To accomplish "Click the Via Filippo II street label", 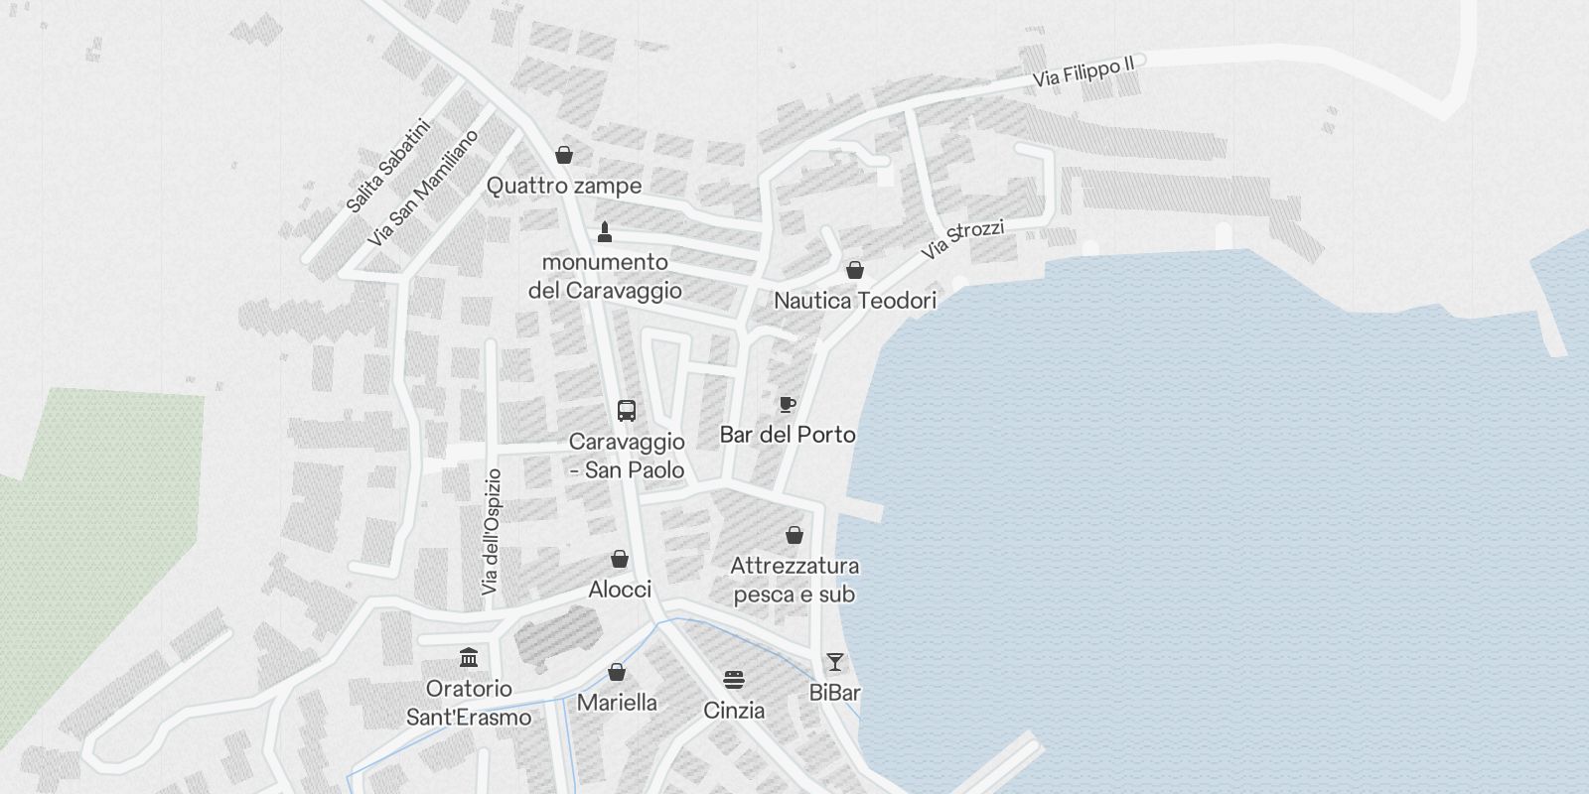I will (1083, 71).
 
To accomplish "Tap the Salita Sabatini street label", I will (387, 166).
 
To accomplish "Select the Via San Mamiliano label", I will (422, 188).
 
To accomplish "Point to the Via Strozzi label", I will (962, 239).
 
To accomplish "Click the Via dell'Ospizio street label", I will (492, 532).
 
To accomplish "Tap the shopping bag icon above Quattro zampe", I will (564, 155).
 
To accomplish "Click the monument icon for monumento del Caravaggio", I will (605, 232).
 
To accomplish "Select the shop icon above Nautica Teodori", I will (854, 270).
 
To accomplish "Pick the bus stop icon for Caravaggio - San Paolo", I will (627, 410).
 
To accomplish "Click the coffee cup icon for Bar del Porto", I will (788, 404).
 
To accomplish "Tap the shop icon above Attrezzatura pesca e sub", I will (794, 536).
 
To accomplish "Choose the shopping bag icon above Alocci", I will (620, 560).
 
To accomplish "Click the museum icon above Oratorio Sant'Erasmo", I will (469, 657).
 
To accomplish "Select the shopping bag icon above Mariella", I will (617, 673).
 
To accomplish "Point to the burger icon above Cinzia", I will (734, 681).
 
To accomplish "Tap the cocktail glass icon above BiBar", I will (835, 662).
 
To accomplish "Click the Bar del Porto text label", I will (788, 435).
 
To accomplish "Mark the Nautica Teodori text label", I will (854, 300).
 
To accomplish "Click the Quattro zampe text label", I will (564, 186).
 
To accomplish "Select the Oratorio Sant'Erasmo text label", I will (469, 703).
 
